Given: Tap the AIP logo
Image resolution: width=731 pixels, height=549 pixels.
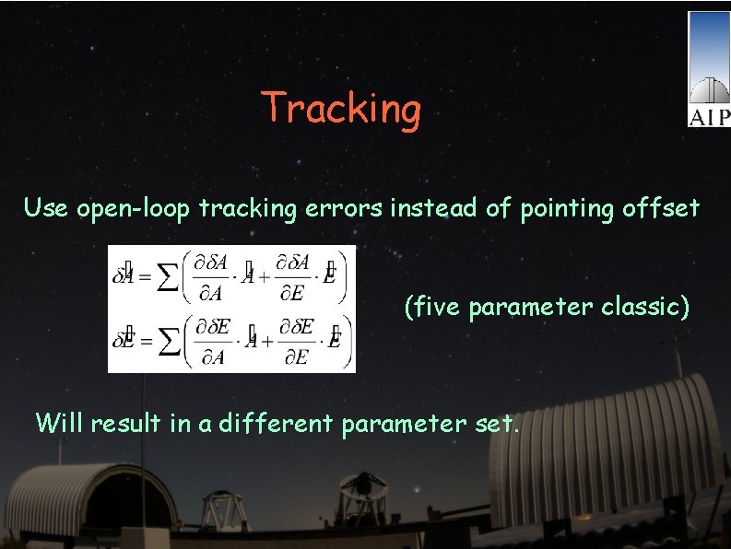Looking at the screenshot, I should click(708, 70).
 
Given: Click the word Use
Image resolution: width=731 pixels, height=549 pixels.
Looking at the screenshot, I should click(46, 208).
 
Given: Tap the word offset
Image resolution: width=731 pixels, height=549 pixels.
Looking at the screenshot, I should click(660, 208).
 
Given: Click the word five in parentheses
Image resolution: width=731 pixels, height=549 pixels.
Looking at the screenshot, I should click(436, 307).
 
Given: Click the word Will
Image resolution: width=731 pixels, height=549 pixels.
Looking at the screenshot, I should click(60, 423).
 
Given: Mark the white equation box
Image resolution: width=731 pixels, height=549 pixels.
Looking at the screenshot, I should click(231, 309).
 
